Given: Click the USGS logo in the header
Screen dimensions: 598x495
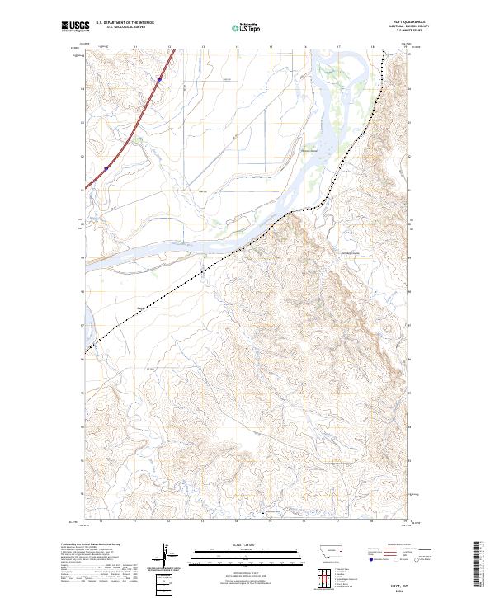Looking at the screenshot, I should [75, 26].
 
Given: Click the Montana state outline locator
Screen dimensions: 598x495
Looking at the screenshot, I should [322, 550].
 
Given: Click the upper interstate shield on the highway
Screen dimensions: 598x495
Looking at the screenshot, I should [158, 80].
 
